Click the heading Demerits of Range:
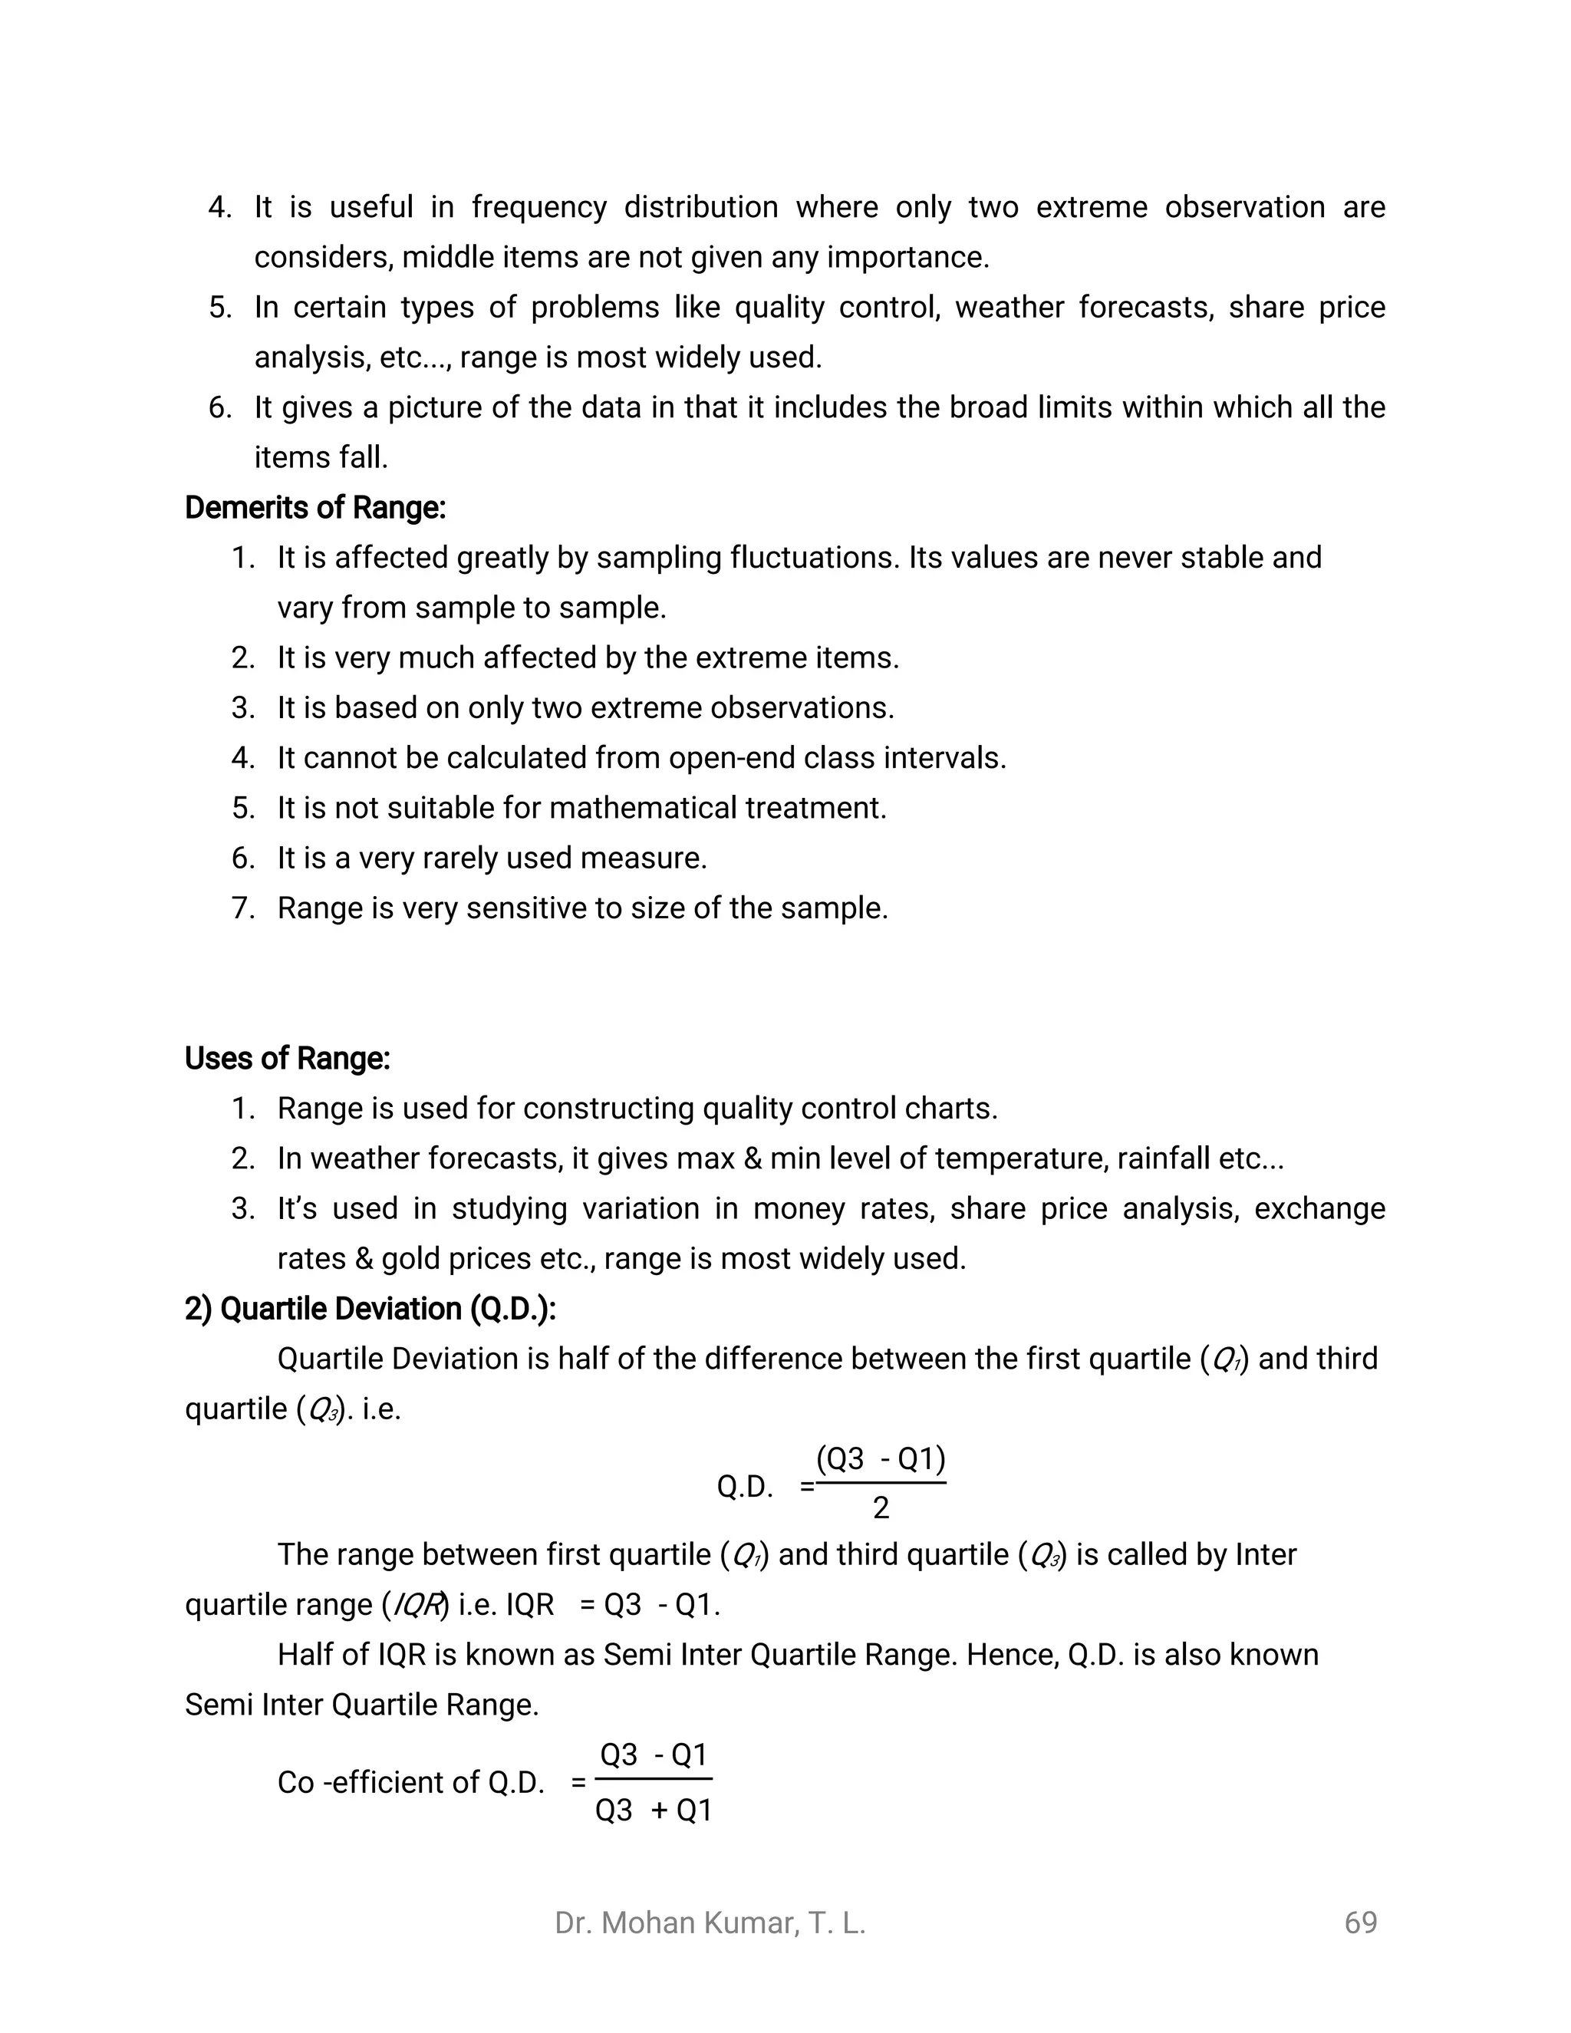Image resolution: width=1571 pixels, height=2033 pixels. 315,507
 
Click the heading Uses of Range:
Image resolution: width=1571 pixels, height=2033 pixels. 287,1059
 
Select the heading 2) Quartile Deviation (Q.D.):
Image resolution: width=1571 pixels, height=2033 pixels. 370,1309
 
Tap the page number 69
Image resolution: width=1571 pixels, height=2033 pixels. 1360,1923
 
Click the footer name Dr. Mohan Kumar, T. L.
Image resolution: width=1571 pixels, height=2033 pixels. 710,1923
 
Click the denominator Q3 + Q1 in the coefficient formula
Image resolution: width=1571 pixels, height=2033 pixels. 654,1811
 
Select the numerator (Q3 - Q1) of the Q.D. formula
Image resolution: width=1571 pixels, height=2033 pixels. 881,1458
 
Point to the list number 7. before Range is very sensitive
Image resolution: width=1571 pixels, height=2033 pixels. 243,908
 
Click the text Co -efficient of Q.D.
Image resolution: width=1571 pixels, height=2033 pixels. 410,1783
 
